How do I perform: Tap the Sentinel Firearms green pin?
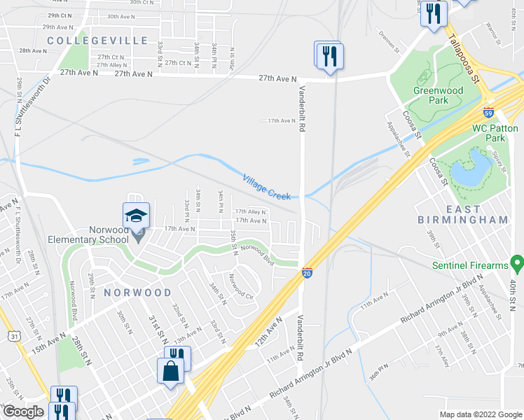click(x=518, y=264)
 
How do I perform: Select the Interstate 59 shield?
click(x=488, y=112)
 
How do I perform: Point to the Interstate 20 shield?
click(x=307, y=272)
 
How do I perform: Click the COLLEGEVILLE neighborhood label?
click(x=97, y=41)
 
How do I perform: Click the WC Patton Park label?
click(x=495, y=133)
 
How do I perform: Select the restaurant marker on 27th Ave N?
click(x=328, y=55)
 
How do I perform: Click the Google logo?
click(x=22, y=412)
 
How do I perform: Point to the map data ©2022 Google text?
click(x=481, y=414)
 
